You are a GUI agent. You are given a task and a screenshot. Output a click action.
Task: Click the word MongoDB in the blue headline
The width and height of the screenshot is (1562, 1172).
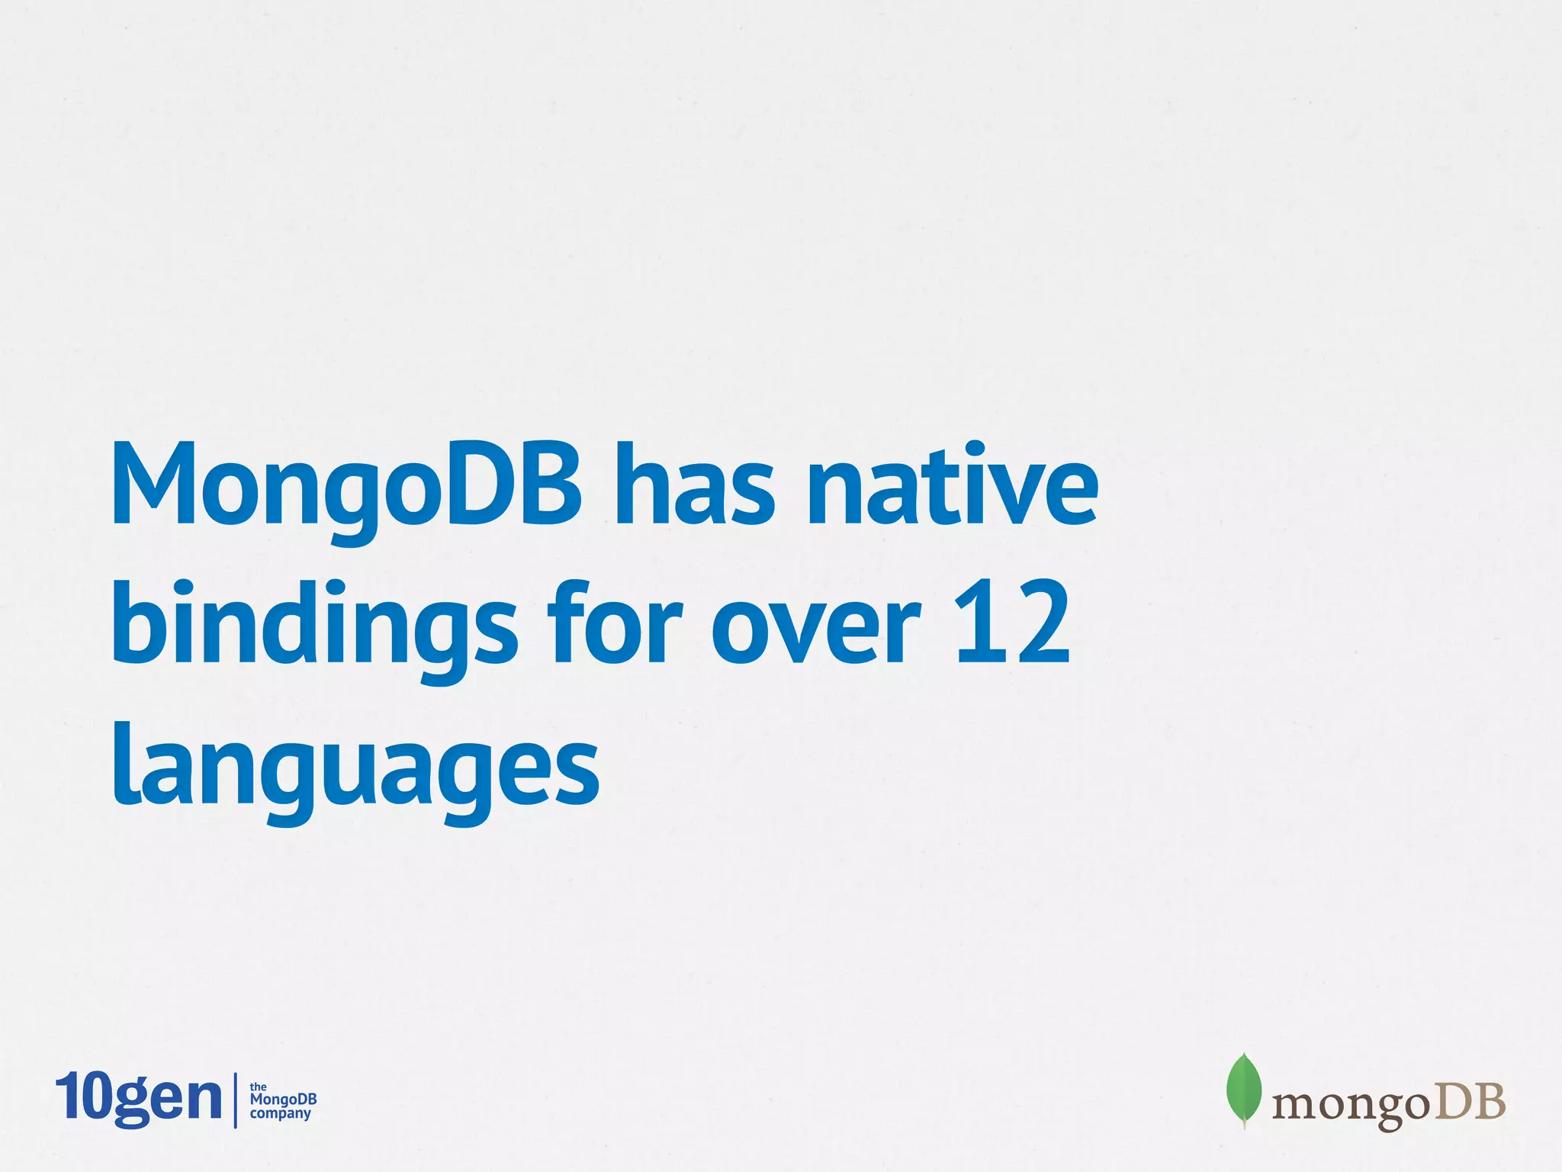(x=347, y=487)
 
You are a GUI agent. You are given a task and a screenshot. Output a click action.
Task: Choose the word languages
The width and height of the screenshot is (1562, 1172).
(x=355, y=768)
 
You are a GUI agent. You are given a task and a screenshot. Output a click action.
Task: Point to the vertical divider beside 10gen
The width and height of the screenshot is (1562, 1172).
(x=235, y=1100)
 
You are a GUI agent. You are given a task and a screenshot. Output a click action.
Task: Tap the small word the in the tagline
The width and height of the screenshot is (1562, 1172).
(x=259, y=1087)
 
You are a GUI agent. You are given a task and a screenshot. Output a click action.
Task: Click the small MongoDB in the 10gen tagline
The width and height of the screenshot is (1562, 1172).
(x=283, y=1100)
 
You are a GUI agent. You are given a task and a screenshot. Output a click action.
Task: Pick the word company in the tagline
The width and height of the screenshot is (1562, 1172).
(x=281, y=1113)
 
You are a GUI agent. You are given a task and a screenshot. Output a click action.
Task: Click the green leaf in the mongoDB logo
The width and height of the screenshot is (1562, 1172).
(x=1243, y=1089)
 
